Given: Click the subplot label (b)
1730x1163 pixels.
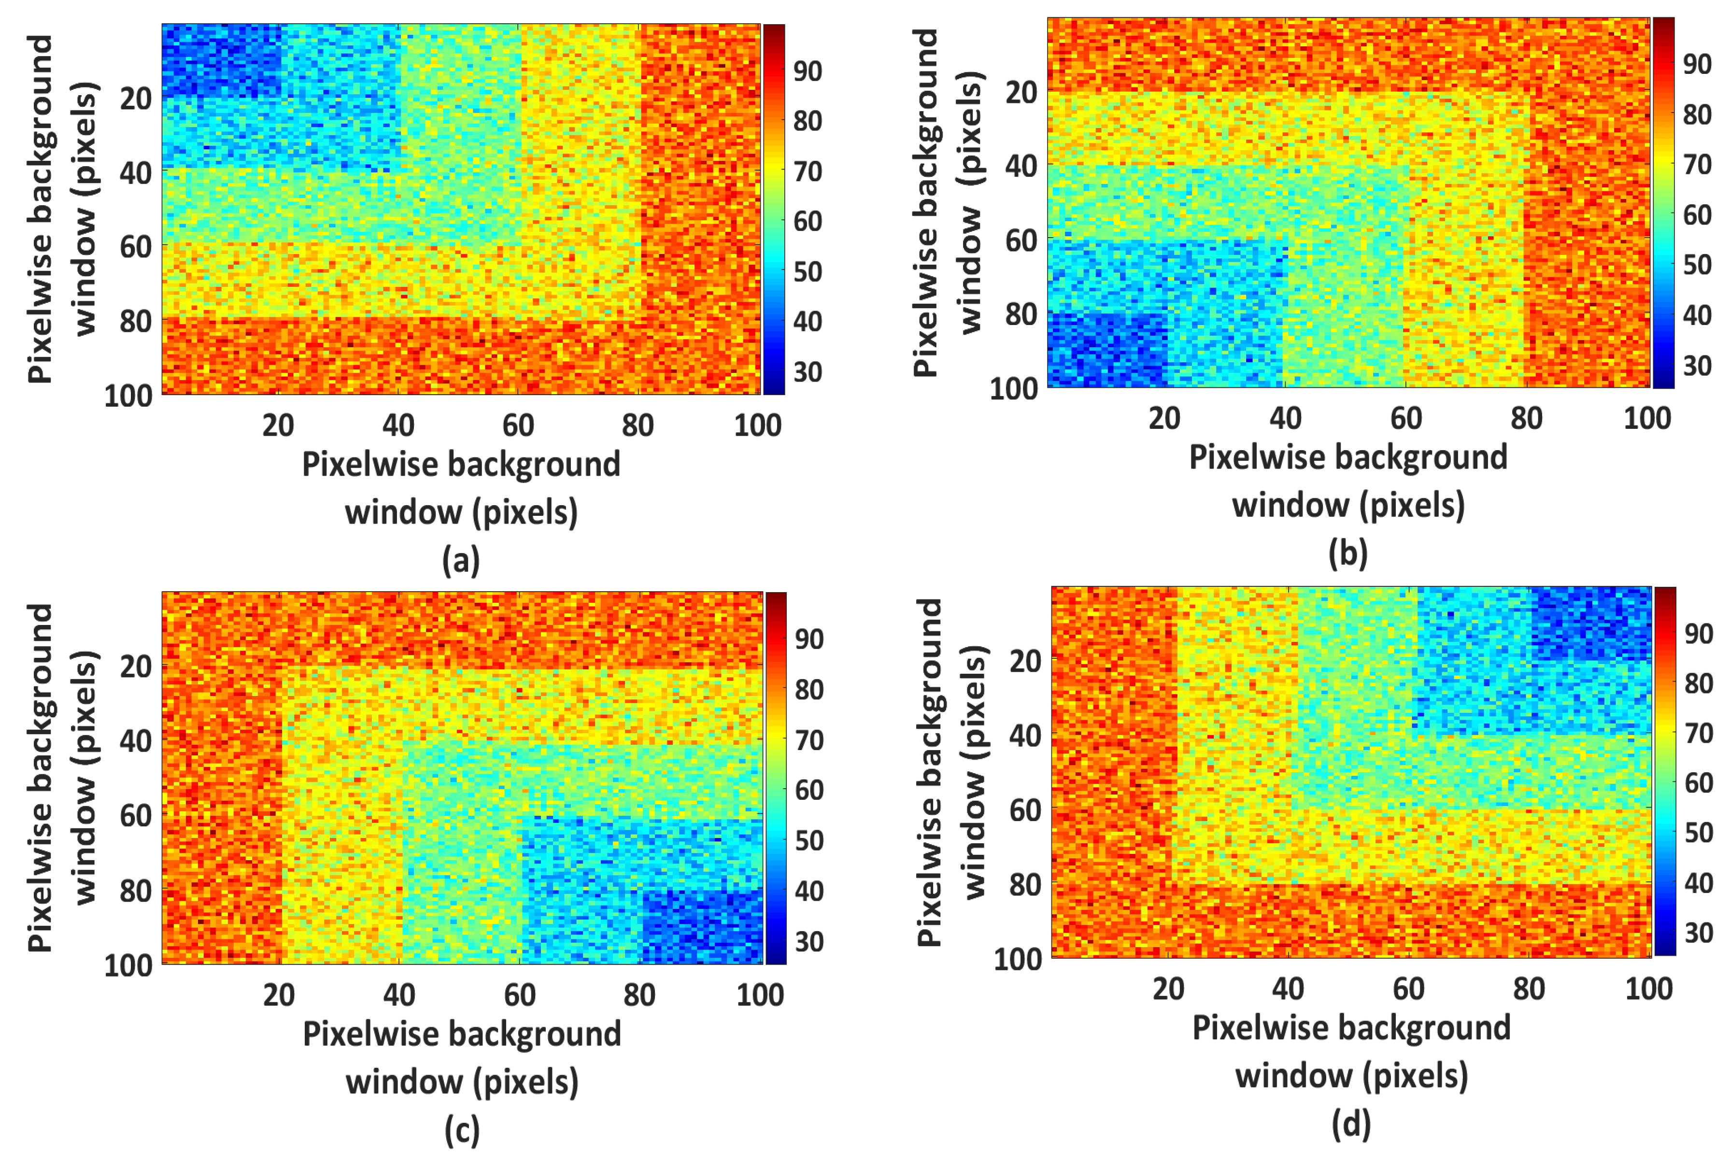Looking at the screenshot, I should click(1347, 554).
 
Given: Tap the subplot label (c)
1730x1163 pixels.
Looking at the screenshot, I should click(461, 1130).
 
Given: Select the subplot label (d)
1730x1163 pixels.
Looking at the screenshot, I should click(1350, 1124).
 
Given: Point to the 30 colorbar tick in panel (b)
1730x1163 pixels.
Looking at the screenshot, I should click(1697, 365).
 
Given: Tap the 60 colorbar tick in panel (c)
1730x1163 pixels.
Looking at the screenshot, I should click(809, 790).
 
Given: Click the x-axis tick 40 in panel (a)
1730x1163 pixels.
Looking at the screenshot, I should click(398, 425).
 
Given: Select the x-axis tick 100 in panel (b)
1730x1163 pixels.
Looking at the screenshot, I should click(1647, 418).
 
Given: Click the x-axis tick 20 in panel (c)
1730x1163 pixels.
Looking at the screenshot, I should click(279, 994).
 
